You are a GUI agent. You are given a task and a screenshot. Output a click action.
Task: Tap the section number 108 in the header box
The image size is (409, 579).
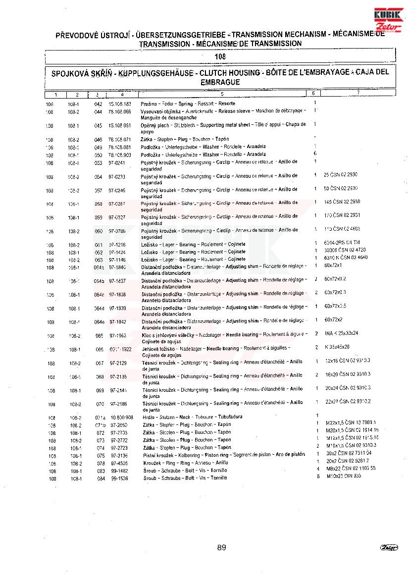click(220, 57)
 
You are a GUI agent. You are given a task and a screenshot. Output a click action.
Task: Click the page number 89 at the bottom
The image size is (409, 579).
click(221, 547)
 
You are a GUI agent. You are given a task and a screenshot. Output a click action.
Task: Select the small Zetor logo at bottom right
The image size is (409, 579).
click(389, 547)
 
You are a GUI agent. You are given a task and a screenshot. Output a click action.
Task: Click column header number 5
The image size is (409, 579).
click(222, 94)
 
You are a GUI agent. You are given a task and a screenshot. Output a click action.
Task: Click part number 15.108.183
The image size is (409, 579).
click(120, 104)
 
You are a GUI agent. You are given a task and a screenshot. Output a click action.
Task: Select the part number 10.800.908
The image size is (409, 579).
click(121, 417)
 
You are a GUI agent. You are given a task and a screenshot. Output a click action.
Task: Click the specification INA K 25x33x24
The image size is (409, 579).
click(342, 333)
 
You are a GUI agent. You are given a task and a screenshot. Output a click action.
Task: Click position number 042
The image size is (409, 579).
click(98, 104)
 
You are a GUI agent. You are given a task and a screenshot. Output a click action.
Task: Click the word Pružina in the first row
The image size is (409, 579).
click(148, 104)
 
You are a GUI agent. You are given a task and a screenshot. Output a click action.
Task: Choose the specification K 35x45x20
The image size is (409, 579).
click(337, 347)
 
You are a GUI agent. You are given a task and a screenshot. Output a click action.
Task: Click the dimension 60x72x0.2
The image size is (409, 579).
click(335, 279)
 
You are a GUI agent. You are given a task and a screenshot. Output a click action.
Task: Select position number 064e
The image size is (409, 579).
click(100, 322)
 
